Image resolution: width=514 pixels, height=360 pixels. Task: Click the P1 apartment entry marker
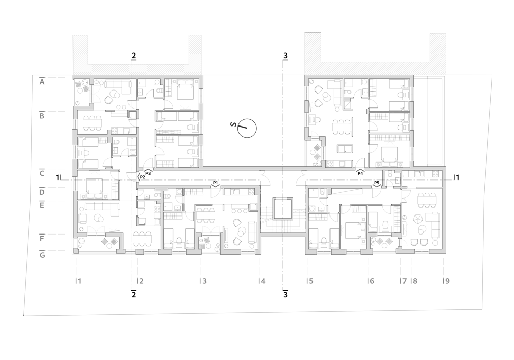tap(215, 183)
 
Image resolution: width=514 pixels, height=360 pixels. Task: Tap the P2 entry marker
tap(141, 177)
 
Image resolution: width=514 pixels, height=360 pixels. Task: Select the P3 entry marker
tap(148, 172)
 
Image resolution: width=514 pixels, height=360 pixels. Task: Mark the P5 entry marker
tap(377, 183)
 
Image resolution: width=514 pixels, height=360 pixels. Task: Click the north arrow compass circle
tap(247, 128)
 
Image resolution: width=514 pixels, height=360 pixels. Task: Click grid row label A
tap(42, 82)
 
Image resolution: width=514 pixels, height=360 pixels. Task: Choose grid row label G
tap(42, 255)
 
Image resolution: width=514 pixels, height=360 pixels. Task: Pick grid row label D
tap(42, 192)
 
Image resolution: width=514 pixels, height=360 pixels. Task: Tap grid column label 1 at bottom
tap(78, 281)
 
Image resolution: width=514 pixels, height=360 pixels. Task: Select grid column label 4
tap(262, 281)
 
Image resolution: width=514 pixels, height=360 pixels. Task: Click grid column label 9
tap(446, 281)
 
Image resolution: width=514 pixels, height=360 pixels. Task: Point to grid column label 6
tap(371, 281)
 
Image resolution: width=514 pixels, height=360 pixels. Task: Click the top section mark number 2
tap(134, 56)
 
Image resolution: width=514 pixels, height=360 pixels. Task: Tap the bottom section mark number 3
tap(285, 294)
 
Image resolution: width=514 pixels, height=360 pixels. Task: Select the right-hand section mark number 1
tap(456, 177)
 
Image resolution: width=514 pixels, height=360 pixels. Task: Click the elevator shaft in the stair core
tap(283, 208)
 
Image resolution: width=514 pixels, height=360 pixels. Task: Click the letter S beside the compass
tap(233, 124)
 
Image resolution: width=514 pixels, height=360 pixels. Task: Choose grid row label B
tap(42, 116)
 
